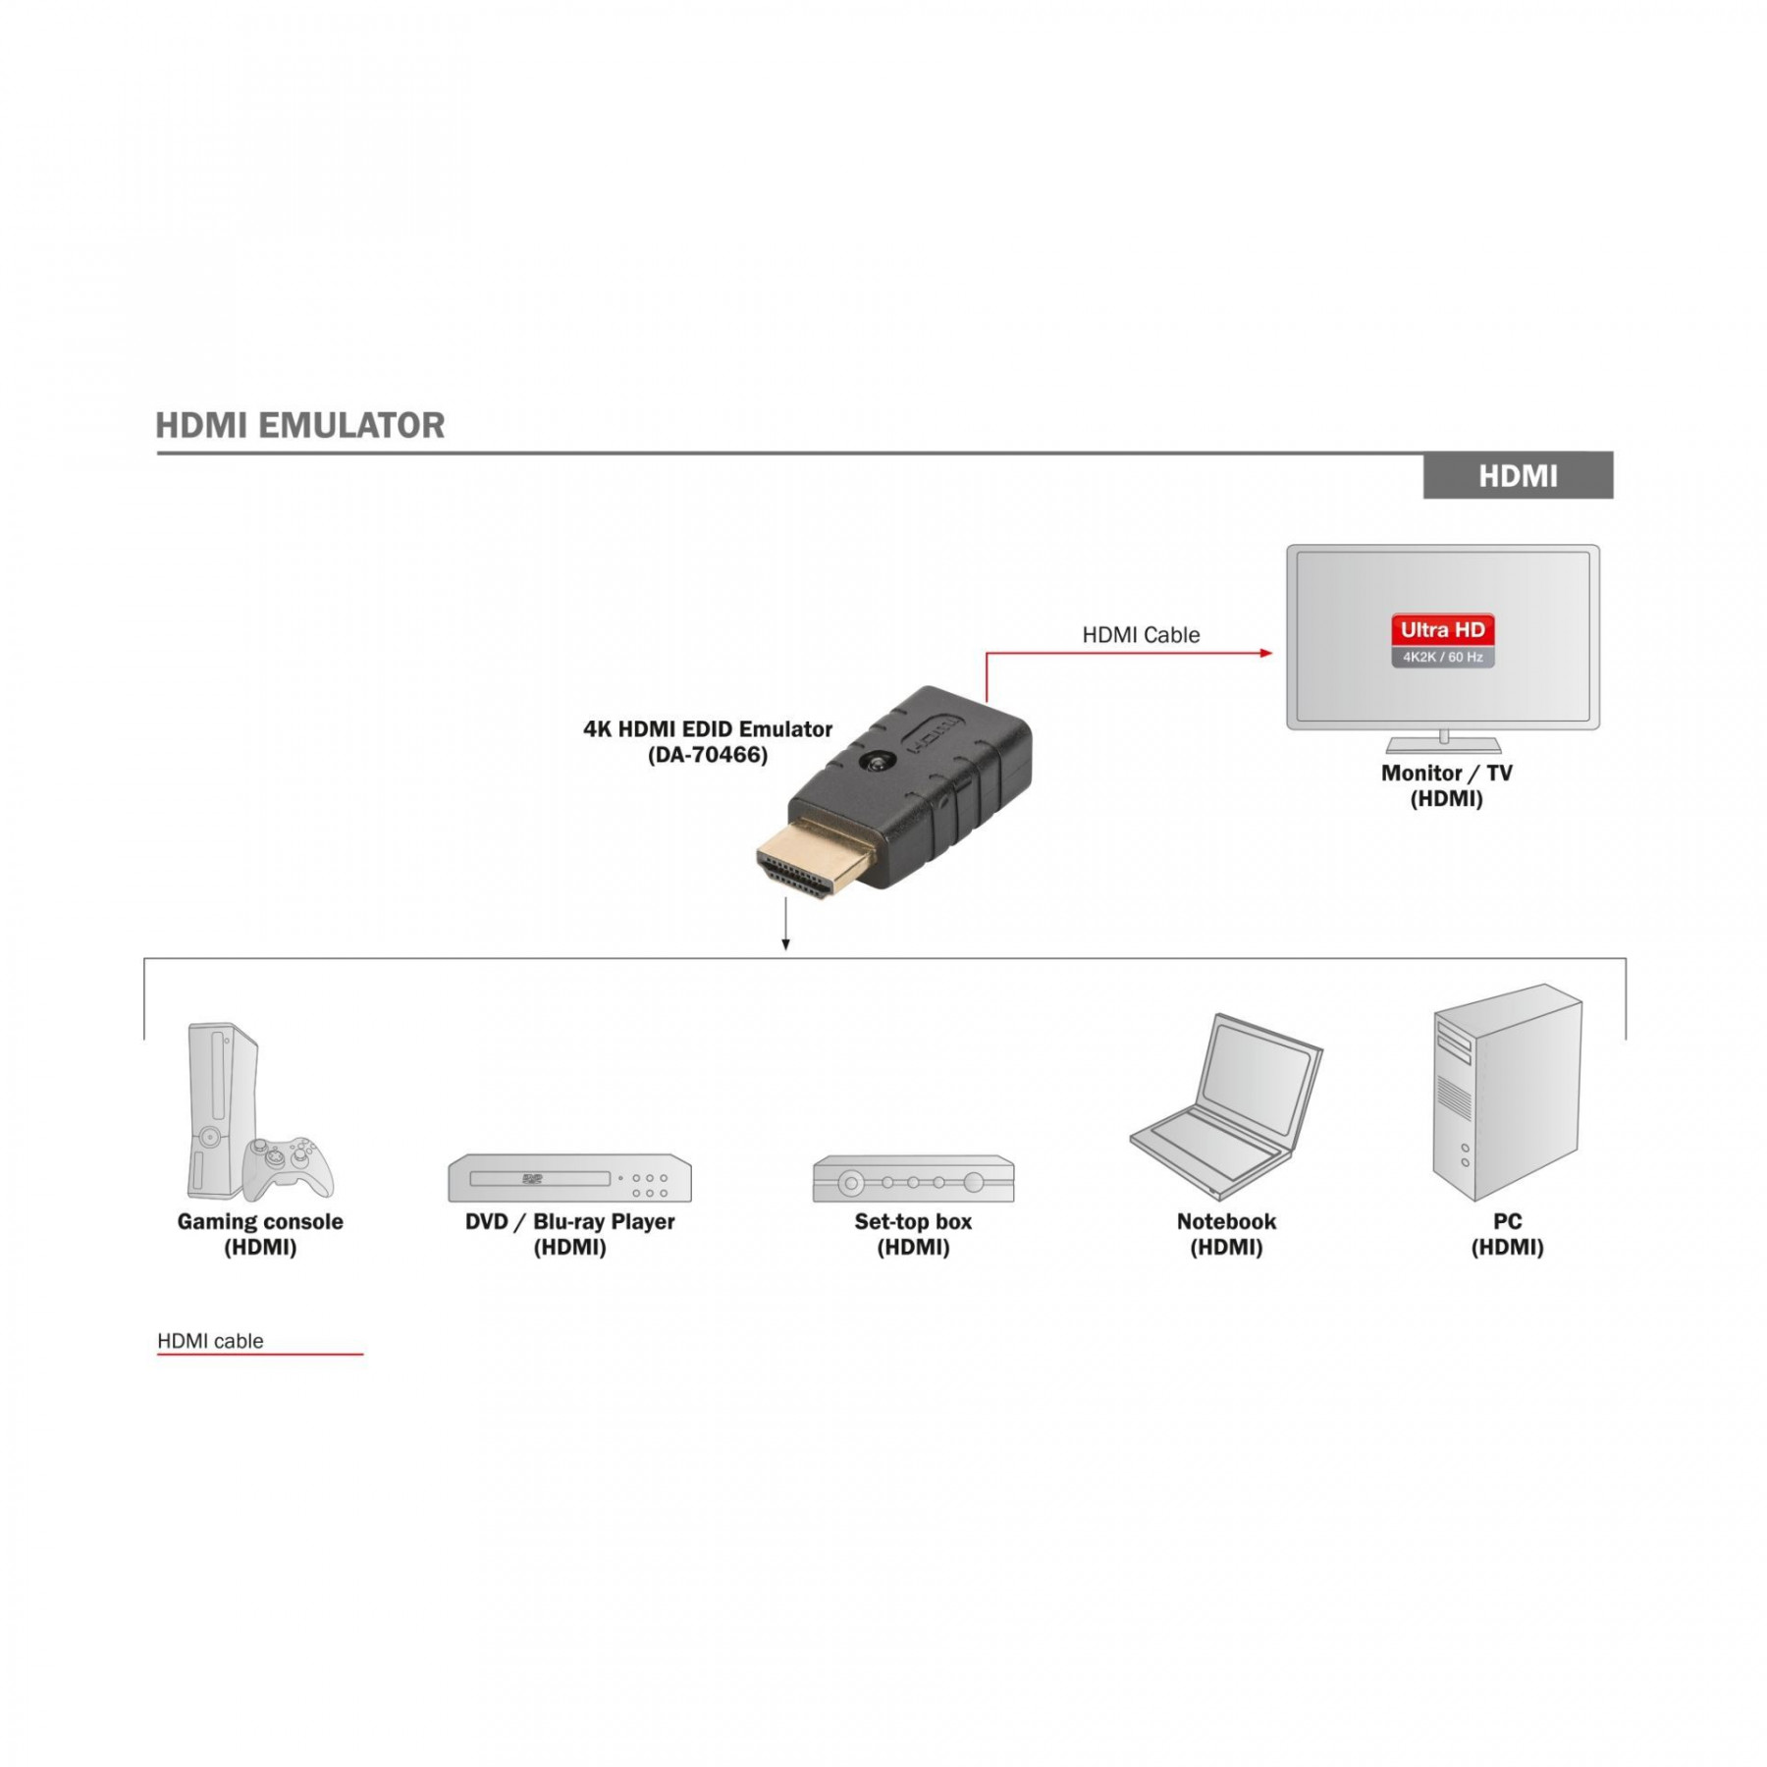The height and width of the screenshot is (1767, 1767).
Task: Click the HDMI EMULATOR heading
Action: click(x=300, y=425)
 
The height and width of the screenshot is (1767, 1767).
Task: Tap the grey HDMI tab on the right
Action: click(x=1518, y=476)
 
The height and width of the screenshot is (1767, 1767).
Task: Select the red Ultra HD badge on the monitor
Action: click(x=1442, y=630)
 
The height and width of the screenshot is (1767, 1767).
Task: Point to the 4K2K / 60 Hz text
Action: click(x=1442, y=658)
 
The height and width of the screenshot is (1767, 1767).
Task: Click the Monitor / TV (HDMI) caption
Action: click(x=1446, y=785)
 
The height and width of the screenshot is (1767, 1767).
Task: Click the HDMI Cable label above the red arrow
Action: click(x=1141, y=635)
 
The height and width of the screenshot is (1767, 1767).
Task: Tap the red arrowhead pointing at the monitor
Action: click(x=1266, y=653)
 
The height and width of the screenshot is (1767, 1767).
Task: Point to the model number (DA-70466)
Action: click(x=708, y=755)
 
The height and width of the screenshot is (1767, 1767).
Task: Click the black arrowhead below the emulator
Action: click(x=785, y=944)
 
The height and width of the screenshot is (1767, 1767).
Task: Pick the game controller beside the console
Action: click(x=288, y=1168)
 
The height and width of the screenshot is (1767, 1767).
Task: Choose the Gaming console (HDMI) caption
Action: click(x=260, y=1234)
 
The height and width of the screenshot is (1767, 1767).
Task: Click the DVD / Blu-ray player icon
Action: click(x=569, y=1178)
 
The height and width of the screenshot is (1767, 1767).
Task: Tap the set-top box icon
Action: click(x=913, y=1179)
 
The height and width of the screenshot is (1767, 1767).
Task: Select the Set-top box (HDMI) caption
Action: click(x=913, y=1234)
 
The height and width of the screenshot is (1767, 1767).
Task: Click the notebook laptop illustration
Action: click(x=1226, y=1106)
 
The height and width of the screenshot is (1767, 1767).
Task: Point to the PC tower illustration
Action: click(x=1507, y=1093)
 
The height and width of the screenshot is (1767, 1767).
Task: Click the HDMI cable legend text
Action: click(x=210, y=1341)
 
